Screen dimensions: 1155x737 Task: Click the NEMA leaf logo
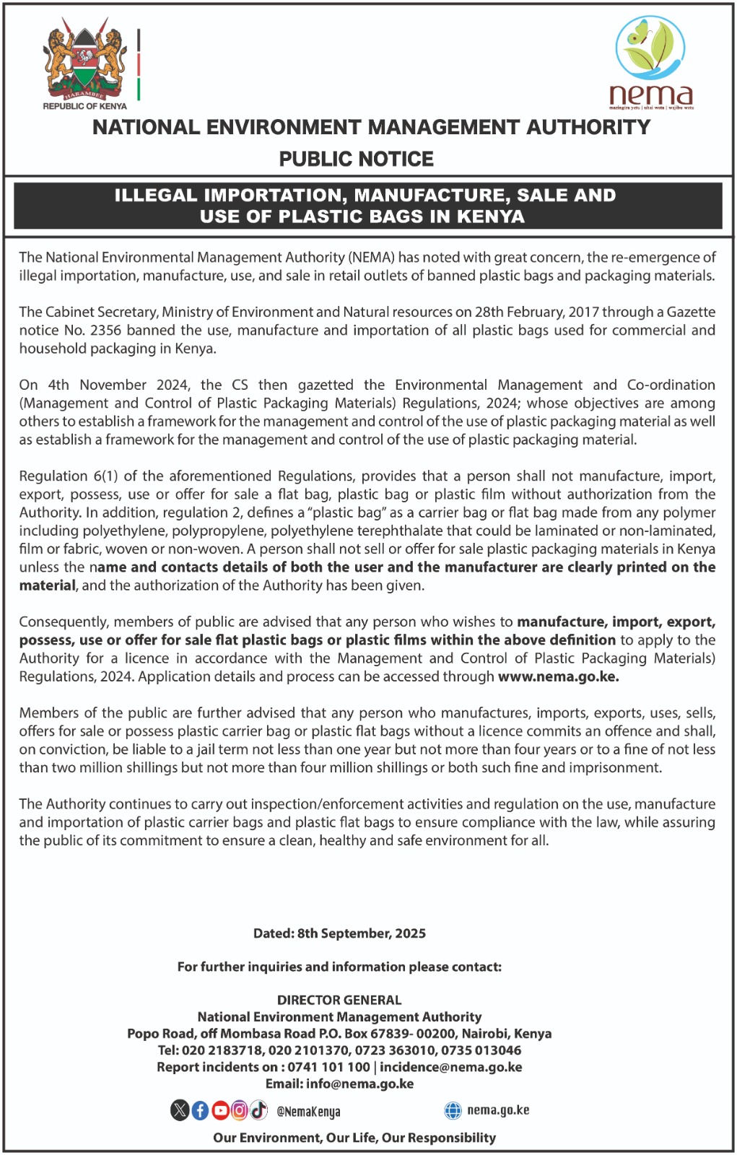[x=650, y=48]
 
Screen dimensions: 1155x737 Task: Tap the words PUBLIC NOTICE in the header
[x=357, y=159]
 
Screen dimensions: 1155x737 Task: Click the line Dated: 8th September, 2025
[x=339, y=933]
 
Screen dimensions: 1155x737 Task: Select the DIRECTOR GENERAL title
[x=339, y=1000]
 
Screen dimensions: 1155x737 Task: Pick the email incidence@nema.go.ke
[x=451, y=1067]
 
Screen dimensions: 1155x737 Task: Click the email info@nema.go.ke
[x=359, y=1084]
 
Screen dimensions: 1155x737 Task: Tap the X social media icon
[x=180, y=1110]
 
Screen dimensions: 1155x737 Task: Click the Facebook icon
[x=200, y=1110]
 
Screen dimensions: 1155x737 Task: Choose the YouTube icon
[x=219, y=1110]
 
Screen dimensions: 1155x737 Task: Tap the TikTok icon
[x=258, y=1110]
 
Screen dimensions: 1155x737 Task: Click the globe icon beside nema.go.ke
[x=453, y=1110]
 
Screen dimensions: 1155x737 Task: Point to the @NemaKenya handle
[x=308, y=1112]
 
